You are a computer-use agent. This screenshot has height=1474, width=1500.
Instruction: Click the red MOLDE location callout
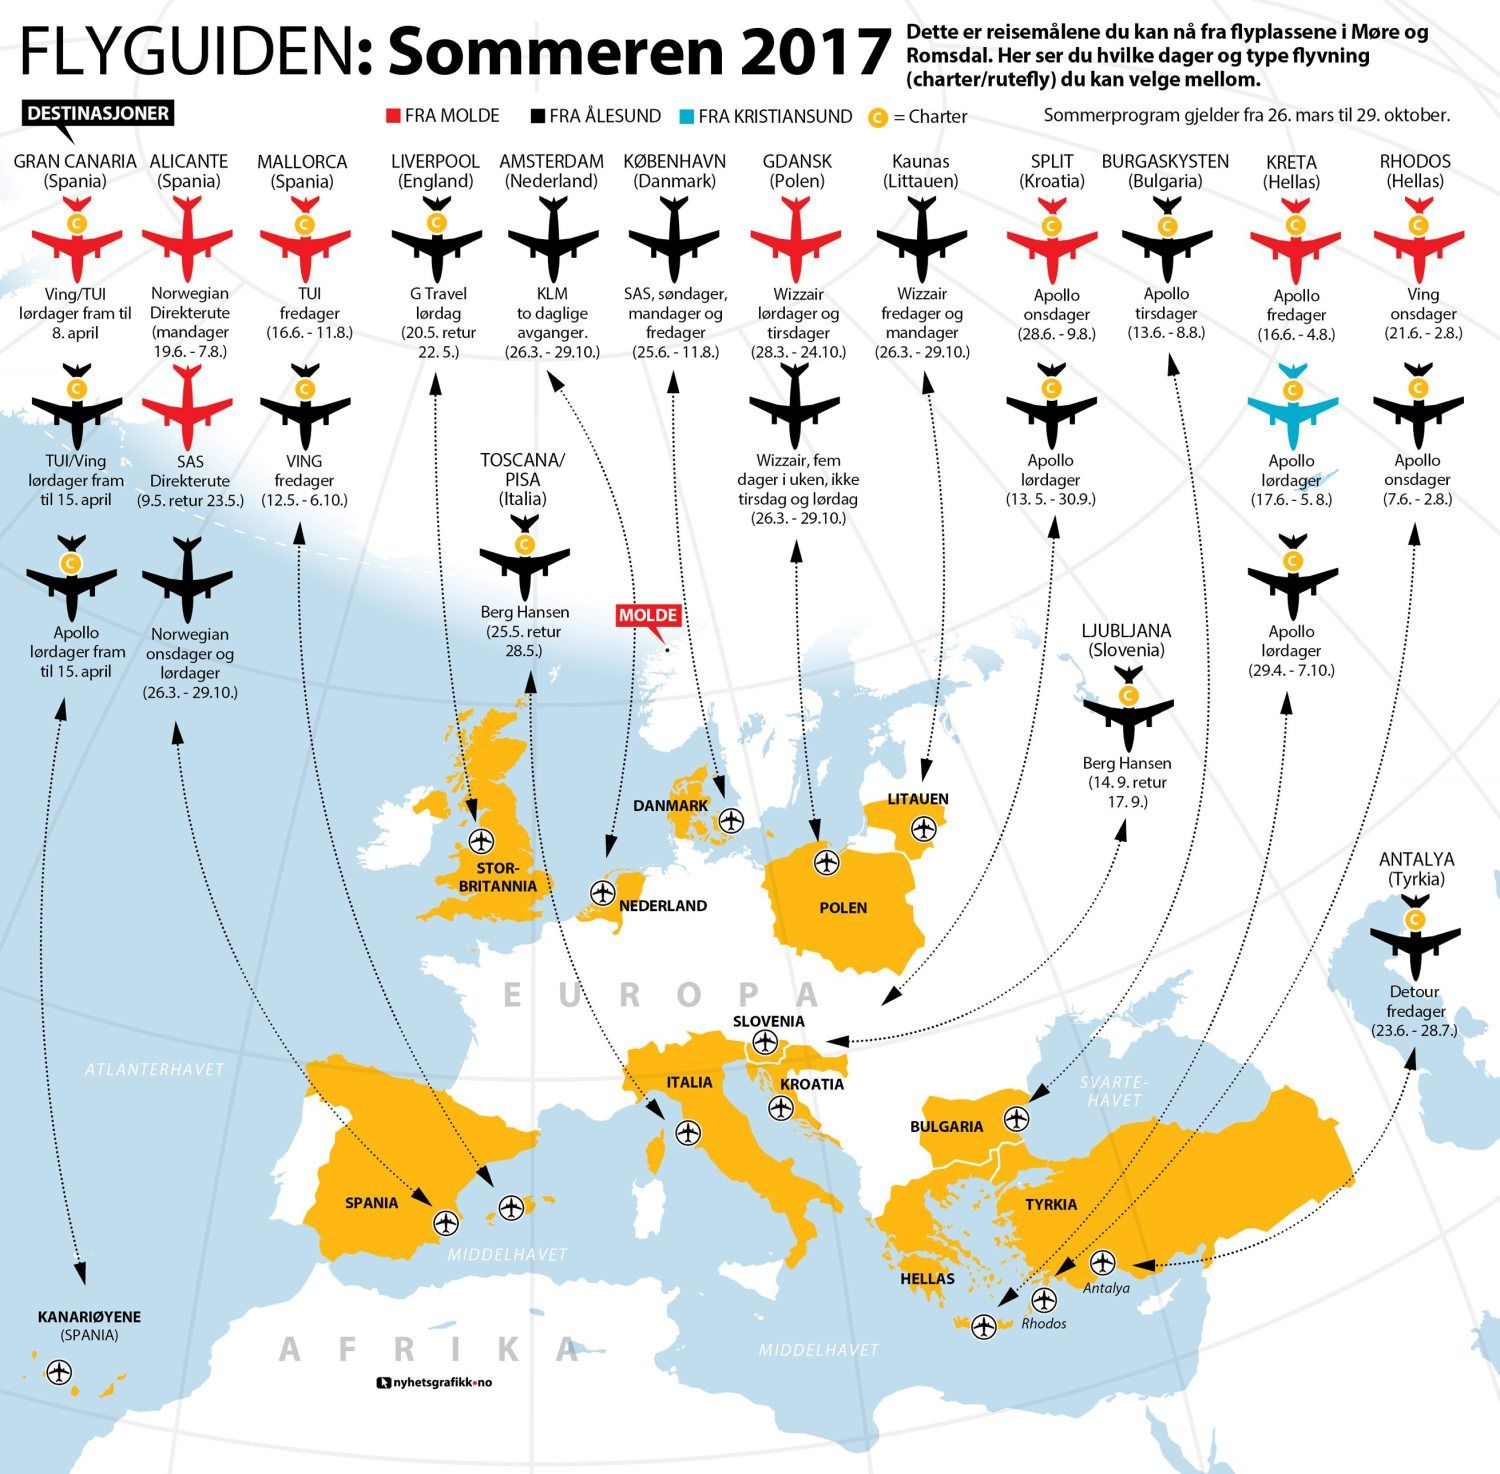pyautogui.click(x=648, y=615)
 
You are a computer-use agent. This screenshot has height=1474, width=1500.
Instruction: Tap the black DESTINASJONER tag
pyautogui.click(x=98, y=113)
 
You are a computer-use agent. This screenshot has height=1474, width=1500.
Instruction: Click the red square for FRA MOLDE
pyautogui.click(x=393, y=116)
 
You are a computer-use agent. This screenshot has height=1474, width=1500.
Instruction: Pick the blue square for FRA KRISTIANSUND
pyautogui.click(x=686, y=116)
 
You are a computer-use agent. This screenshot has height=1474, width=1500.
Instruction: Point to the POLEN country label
pyautogui.click(x=843, y=908)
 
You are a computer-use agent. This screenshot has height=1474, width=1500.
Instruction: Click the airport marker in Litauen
pyautogui.click(x=923, y=828)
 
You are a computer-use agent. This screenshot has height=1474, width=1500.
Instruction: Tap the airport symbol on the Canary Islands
pyautogui.click(x=60, y=1372)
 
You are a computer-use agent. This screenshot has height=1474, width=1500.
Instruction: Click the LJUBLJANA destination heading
pyautogui.click(x=1126, y=640)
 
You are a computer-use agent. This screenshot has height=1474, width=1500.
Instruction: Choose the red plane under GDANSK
pyautogui.click(x=796, y=241)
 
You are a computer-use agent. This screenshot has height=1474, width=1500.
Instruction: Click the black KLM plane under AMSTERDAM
pyautogui.click(x=552, y=241)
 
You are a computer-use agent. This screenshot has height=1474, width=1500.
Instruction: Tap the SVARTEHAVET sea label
pyautogui.click(x=1114, y=1091)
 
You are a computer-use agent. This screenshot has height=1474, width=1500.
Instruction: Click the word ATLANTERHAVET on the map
pyautogui.click(x=155, y=1069)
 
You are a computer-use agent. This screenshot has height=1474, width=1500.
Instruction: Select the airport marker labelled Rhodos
pyautogui.click(x=1043, y=1300)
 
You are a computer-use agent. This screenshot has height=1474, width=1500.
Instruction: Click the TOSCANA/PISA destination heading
pyautogui.click(x=523, y=479)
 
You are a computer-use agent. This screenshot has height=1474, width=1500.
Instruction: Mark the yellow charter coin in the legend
pyautogui.click(x=877, y=117)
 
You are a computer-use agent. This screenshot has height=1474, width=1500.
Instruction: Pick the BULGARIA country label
pyautogui.click(x=946, y=1126)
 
